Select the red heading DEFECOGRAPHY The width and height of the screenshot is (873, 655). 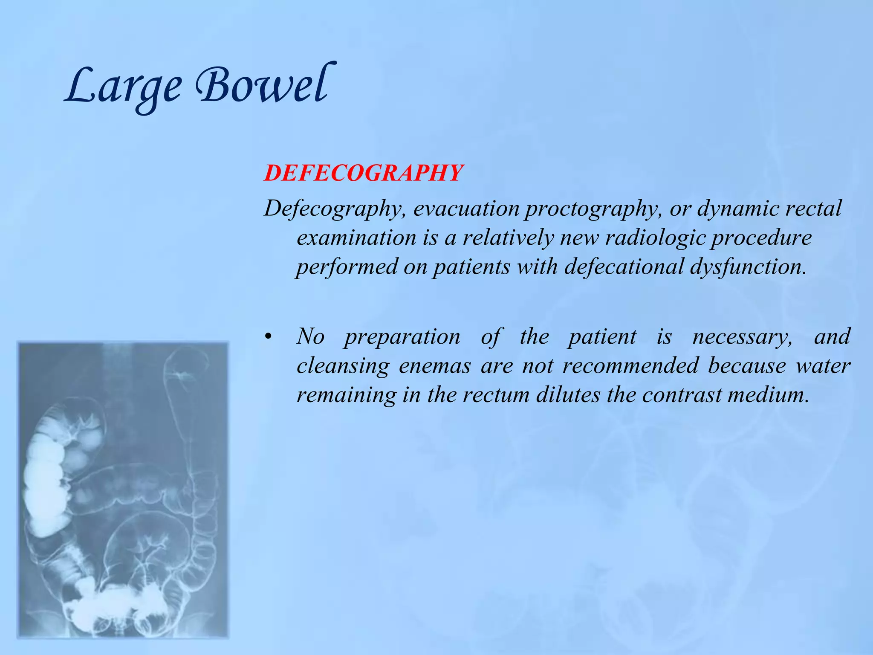pyautogui.click(x=363, y=173)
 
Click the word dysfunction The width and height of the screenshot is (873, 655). pyautogui.click(x=748, y=267)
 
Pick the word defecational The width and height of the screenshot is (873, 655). pyautogui.click(x=624, y=267)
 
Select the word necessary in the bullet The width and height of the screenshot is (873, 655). pyautogui.click(x=742, y=337)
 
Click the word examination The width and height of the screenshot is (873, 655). pyautogui.click(x=356, y=238)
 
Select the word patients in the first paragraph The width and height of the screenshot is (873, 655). pyautogui.click(x=471, y=267)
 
